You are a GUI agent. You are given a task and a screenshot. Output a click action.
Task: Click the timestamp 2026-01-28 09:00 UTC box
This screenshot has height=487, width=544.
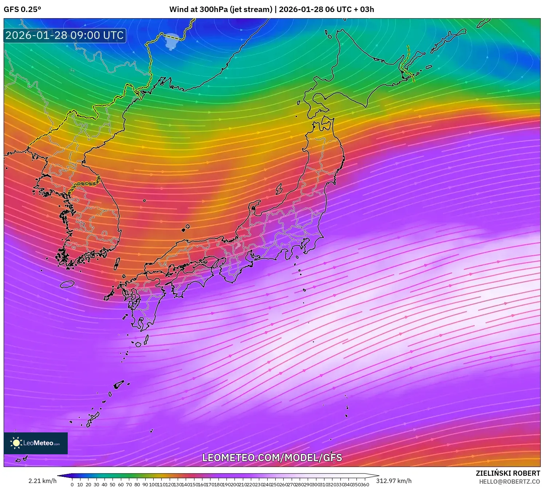65,35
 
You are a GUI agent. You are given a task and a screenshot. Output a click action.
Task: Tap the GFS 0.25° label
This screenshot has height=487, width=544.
22,9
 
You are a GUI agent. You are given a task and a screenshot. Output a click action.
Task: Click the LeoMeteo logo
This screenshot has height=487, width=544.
36,443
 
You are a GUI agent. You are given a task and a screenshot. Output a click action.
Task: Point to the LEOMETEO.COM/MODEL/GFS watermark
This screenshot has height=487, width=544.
272,458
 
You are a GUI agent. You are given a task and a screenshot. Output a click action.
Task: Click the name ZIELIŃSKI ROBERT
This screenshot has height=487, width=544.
508,473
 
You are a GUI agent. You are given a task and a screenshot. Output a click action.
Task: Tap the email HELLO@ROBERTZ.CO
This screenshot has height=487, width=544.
509,482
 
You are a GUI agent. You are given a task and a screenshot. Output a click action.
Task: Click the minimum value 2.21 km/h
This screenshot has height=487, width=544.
42,481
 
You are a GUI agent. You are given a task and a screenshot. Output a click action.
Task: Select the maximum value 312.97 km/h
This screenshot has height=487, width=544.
394,481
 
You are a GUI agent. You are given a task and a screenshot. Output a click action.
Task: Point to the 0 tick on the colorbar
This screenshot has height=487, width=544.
72,484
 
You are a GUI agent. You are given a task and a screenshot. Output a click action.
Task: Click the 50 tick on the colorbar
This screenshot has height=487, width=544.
113,484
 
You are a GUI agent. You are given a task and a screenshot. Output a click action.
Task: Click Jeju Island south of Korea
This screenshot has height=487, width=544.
67,284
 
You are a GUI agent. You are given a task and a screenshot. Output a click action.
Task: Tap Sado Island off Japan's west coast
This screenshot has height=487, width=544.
279,189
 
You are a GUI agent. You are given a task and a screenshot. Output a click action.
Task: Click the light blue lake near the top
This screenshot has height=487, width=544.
172,41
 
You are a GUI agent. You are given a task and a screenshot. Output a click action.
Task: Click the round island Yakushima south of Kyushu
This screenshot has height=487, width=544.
138,344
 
